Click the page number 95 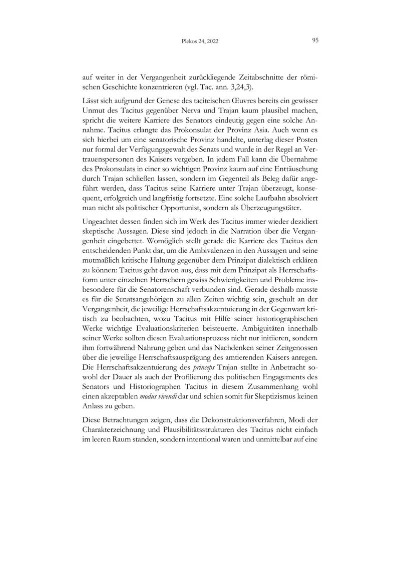click(x=315, y=41)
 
